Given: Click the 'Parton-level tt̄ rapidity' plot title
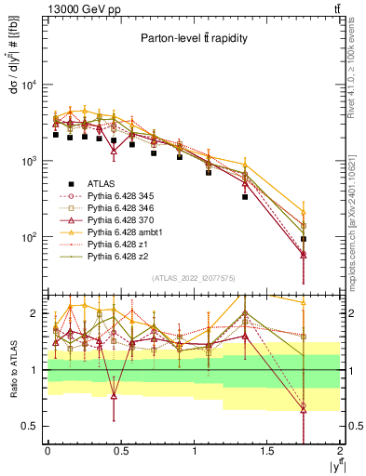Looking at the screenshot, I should (193, 38).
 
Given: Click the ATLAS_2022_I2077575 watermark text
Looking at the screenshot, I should (193, 278).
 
